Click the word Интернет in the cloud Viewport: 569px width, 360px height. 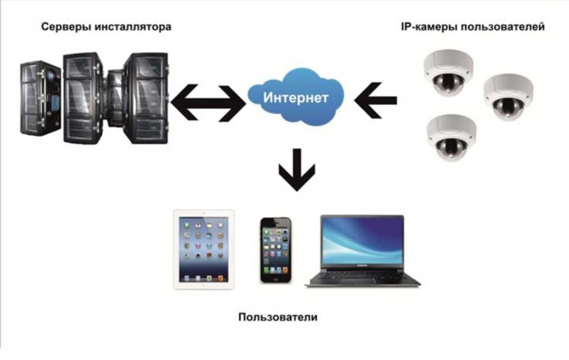point(296,98)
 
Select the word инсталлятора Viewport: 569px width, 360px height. point(133,27)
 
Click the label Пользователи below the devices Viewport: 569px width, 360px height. point(278,318)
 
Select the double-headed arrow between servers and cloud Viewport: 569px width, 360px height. point(208,103)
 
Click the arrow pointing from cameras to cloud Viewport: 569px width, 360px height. point(375,100)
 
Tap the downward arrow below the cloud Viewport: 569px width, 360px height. point(297,170)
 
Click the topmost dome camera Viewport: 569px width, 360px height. point(448,73)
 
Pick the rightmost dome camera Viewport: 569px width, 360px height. point(508,97)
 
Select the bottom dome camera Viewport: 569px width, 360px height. point(451,138)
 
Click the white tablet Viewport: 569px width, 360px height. point(203,250)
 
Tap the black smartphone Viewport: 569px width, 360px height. point(276,250)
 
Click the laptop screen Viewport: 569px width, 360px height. point(362,241)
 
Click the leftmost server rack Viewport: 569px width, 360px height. point(39,98)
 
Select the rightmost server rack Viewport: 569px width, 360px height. point(146,98)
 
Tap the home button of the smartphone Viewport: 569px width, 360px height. point(276,278)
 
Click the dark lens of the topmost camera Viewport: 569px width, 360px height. point(449,83)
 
